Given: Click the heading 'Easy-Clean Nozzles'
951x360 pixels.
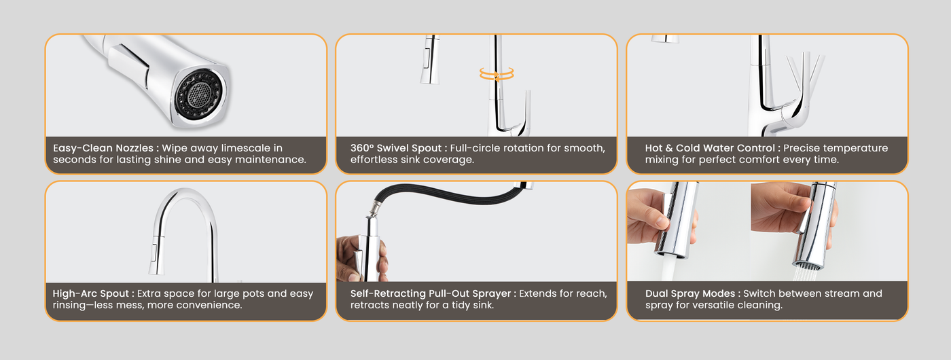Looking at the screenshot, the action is pos(103,148).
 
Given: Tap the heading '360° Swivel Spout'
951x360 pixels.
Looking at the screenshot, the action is pos(396,148).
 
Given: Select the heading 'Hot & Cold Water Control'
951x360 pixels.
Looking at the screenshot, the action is pos(710,148).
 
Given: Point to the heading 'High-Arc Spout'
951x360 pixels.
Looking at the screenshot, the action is pos(91,293).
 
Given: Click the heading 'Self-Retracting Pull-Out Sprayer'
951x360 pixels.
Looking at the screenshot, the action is pos(431,293).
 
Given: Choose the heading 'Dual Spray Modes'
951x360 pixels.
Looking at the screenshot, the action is pos(690,293).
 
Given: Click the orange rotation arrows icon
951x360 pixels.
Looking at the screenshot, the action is pos(497,74).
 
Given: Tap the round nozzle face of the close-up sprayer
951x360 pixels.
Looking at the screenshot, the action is pos(198,94).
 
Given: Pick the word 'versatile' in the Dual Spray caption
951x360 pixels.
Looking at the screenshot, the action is pos(716,305).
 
